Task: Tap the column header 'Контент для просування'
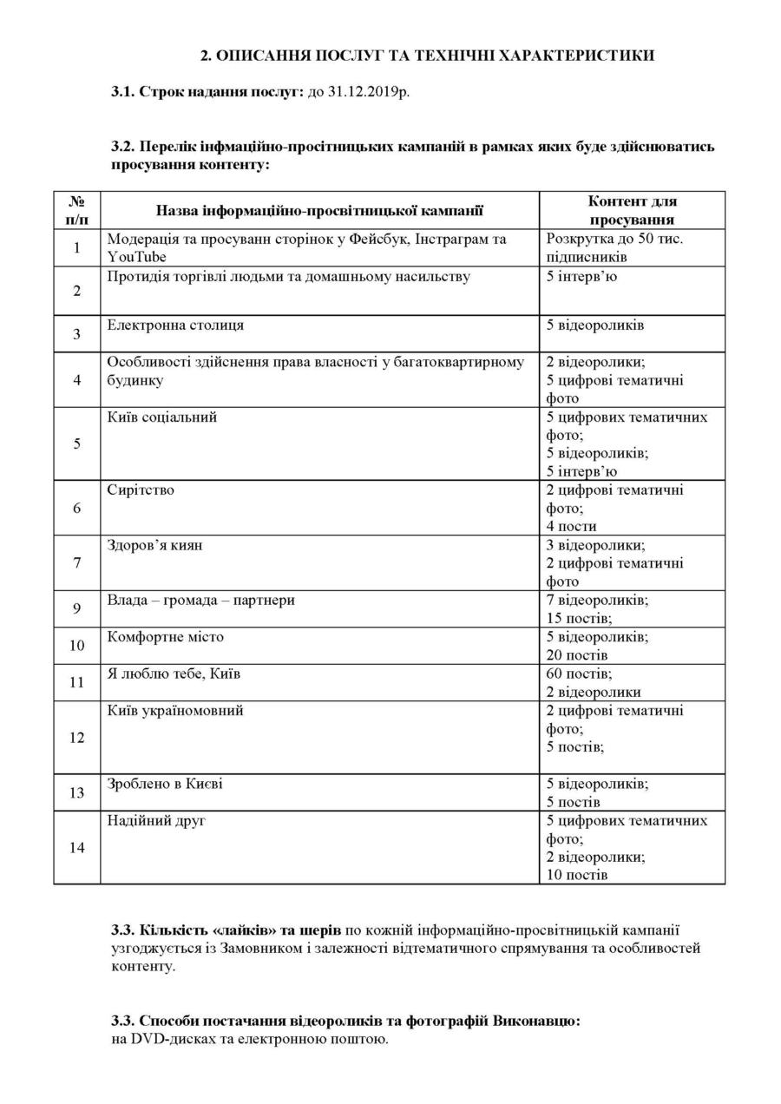[x=632, y=210]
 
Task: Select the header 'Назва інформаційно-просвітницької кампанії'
[x=319, y=210]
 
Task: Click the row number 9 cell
[x=77, y=609]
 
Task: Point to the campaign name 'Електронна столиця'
[x=175, y=325]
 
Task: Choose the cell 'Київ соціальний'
[x=162, y=417]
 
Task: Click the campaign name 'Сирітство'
[x=141, y=490]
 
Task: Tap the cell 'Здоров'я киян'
[x=155, y=546]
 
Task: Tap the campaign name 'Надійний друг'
[x=156, y=821]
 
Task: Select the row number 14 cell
[x=77, y=848]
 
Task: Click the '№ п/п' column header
[x=77, y=210]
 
